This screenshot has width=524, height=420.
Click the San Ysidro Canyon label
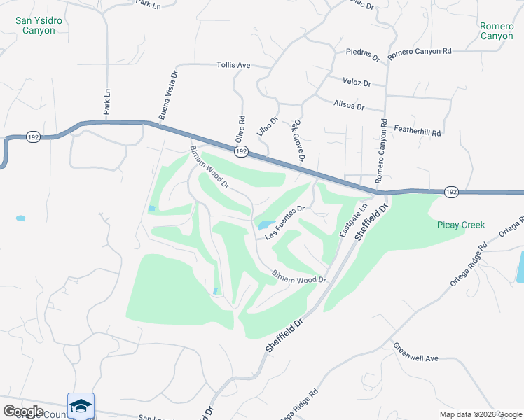coord(39,25)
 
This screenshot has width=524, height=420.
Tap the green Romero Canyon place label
coord(497,31)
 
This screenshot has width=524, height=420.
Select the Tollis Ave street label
coord(233,65)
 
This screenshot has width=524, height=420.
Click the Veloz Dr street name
coord(357,82)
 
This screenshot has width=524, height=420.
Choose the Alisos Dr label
coord(351,106)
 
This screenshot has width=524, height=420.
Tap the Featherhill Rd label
coord(418,132)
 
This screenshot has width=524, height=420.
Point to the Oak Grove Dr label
coord(299,141)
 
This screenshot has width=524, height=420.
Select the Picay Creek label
coord(460,225)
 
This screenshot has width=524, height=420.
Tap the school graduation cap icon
coord(81,405)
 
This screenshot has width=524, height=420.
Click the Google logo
coord(23,411)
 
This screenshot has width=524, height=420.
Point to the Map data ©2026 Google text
coord(480,414)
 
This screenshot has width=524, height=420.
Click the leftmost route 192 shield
coord(33,137)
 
